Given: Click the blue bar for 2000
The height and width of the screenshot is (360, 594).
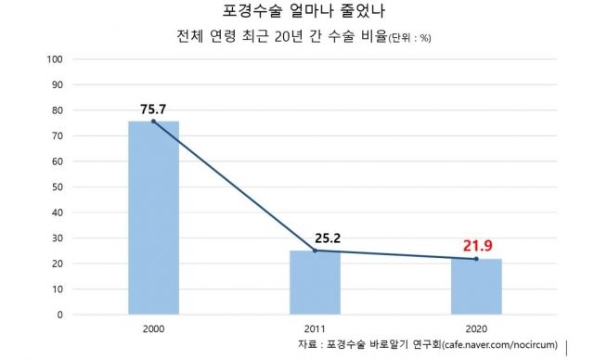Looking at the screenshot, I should click(x=154, y=218).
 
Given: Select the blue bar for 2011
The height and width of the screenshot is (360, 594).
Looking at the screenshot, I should click(x=316, y=282).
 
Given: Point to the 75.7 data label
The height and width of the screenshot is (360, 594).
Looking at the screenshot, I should click(x=154, y=109).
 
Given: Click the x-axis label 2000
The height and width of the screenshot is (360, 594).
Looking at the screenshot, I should click(x=154, y=328).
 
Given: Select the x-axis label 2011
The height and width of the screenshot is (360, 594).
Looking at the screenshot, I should click(x=316, y=328).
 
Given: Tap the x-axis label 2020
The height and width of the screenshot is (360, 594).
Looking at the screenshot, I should click(x=477, y=328).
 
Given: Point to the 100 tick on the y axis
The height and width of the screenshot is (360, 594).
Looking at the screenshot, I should click(x=55, y=59).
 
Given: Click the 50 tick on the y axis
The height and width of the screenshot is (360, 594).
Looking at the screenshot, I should click(x=58, y=186).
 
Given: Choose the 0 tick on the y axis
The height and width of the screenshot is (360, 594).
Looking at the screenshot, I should click(x=60, y=315).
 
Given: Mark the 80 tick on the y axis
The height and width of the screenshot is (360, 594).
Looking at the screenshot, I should click(x=58, y=110).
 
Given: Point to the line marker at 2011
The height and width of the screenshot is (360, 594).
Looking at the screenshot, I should click(x=316, y=251).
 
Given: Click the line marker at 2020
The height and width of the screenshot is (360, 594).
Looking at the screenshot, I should click(x=477, y=259).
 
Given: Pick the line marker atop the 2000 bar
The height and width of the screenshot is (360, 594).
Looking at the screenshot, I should click(x=154, y=122).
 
